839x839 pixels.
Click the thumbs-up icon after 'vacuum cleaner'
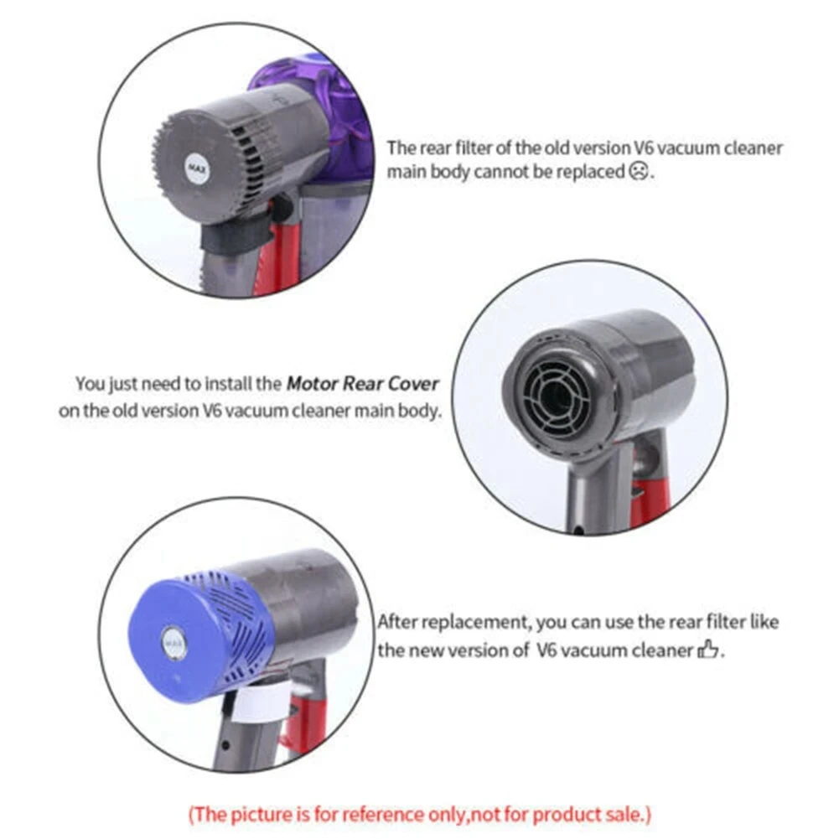pyautogui.click(x=708, y=650)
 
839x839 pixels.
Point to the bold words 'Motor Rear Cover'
pyautogui.click(x=362, y=384)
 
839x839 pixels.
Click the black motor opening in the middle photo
pyautogui.click(x=558, y=391)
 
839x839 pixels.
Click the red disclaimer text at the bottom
pyautogui.click(x=419, y=813)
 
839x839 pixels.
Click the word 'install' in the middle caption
pyautogui.click(x=229, y=384)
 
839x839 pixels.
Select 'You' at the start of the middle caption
pyautogui.click(x=89, y=384)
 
